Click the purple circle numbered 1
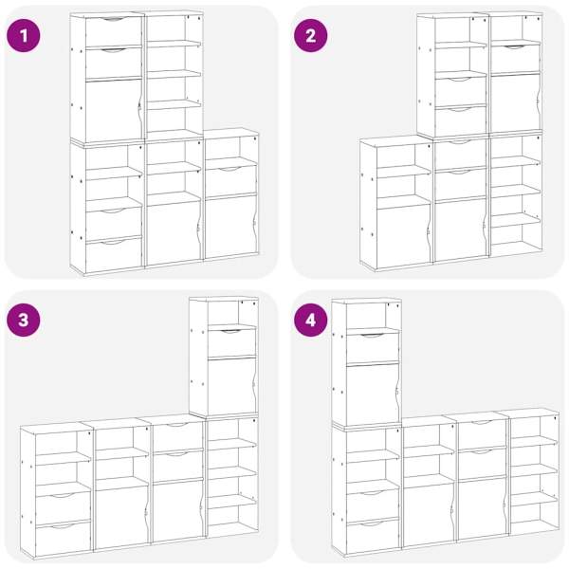tap(24, 36)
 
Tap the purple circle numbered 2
tap(311, 36)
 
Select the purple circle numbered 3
tap(24, 321)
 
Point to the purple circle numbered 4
tap(311, 321)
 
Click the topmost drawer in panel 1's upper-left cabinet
tap(113, 30)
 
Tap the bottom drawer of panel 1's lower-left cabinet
tap(114, 255)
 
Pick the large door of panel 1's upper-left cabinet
tap(114, 110)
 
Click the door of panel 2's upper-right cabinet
tap(515, 103)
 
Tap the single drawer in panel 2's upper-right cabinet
tap(515, 60)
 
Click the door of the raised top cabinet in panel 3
tap(231, 386)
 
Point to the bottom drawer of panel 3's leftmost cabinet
tap(64, 539)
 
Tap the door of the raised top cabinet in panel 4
tap(373, 395)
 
